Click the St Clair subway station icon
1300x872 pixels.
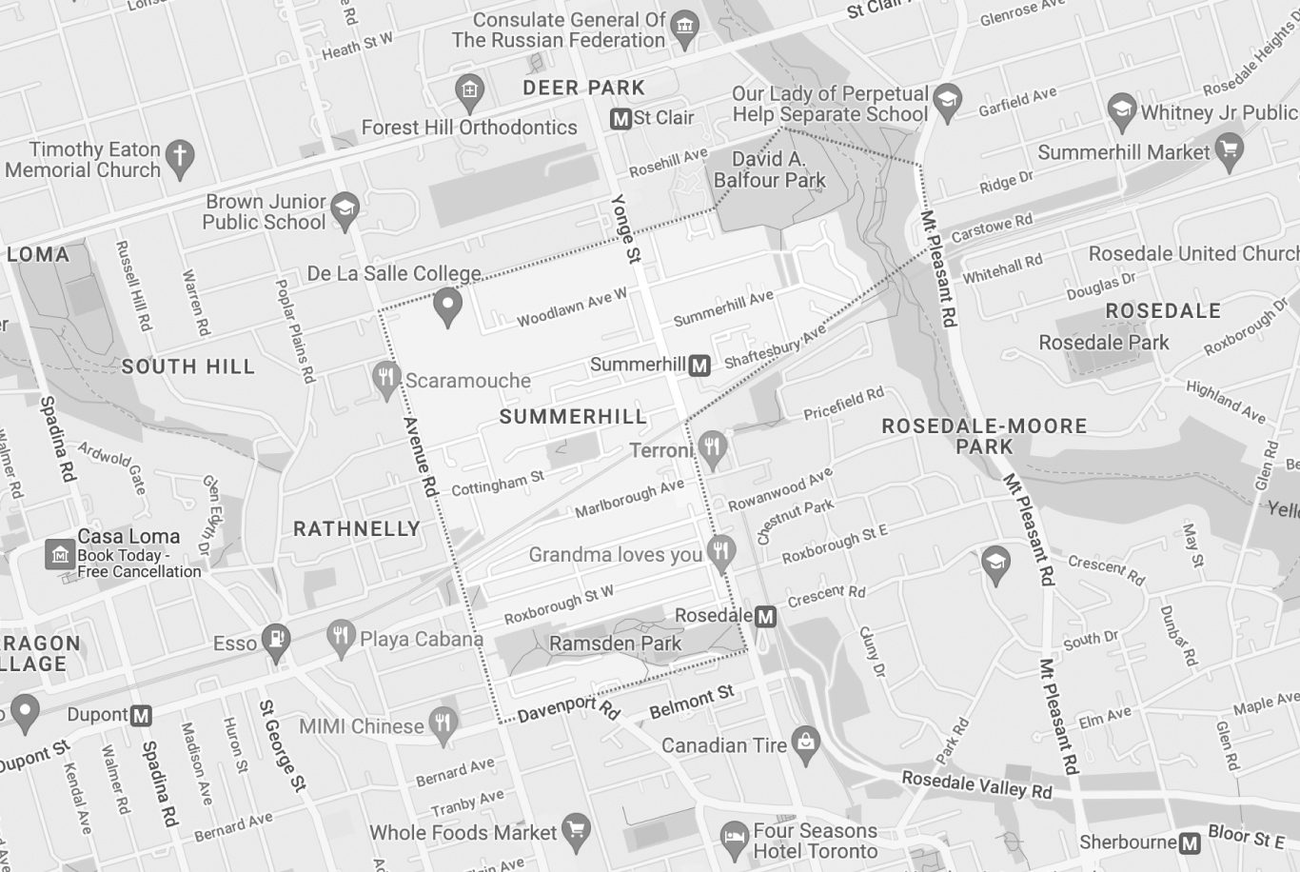click(620, 119)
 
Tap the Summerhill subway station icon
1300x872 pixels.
click(699, 365)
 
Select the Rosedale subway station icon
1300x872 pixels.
click(765, 617)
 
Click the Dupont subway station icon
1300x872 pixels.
click(141, 715)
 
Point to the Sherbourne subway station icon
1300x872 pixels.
click(1190, 842)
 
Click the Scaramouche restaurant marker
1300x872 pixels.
click(385, 378)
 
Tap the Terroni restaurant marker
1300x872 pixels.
click(712, 446)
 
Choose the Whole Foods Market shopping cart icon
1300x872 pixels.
click(576, 830)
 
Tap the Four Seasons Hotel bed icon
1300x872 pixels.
click(733, 838)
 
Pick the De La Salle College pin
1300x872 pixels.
click(447, 307)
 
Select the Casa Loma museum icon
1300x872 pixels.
click(60, 553)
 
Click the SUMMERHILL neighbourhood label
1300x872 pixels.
click(572, 417)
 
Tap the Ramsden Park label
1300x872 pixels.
click(615, 644)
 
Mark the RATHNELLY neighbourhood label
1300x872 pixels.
click(356, 529)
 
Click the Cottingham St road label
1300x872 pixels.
click(497, 484)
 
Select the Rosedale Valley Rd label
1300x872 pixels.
click(976, 785)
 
